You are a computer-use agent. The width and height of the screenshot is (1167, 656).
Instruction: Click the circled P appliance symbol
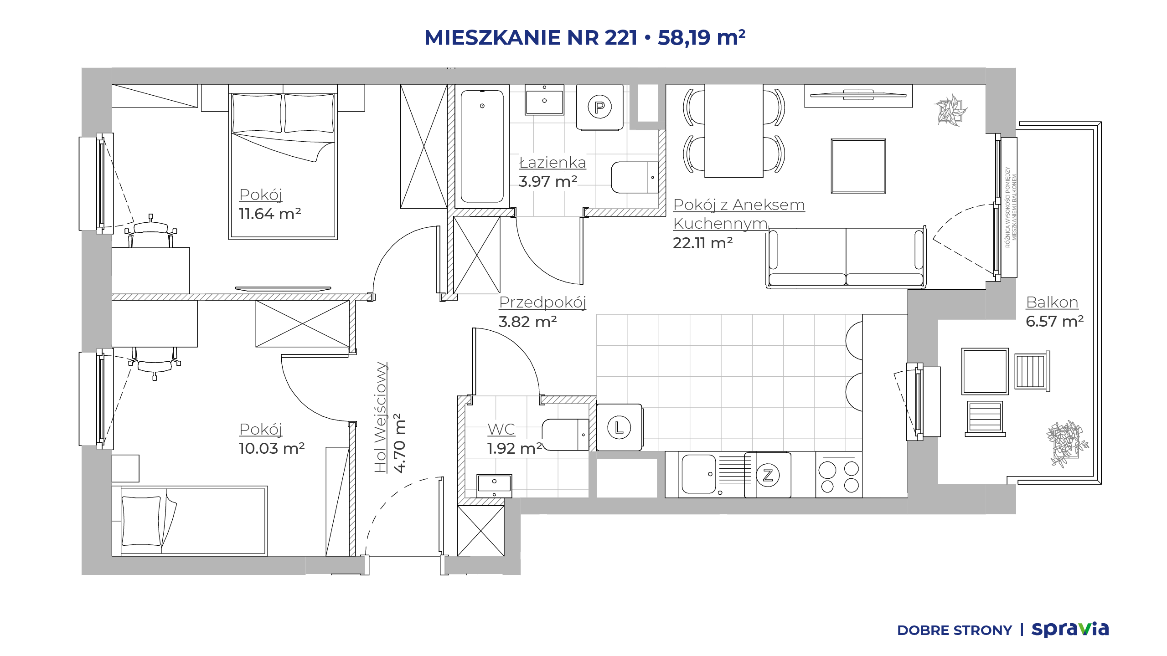599,107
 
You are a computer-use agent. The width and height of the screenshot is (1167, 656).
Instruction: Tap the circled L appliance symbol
619,427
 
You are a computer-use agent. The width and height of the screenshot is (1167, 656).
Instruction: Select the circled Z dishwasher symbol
768,475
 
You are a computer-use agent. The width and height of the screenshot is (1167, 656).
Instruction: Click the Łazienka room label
553,163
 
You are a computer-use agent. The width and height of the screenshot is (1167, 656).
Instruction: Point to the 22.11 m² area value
702,243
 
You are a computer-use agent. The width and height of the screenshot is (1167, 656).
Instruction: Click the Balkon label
1052,302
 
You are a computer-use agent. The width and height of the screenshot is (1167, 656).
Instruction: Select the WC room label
501,429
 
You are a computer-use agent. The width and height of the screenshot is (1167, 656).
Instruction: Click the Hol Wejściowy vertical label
381,417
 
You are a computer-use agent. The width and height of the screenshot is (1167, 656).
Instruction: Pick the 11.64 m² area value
270,214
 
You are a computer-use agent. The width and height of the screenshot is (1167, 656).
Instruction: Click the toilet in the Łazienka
635,177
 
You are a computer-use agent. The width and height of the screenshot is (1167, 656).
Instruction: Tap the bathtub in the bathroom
482,146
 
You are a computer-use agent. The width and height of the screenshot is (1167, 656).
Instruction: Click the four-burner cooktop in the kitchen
839,475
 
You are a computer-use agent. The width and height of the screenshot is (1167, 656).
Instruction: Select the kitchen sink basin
698,474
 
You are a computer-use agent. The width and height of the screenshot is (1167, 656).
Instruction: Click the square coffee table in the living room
858,166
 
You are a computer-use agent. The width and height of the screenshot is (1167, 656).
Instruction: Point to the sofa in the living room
846,258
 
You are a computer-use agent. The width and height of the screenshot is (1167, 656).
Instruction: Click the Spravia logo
1070,630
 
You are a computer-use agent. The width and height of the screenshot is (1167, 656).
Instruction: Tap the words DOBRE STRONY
954,630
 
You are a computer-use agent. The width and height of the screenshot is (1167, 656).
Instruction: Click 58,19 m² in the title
701,37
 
